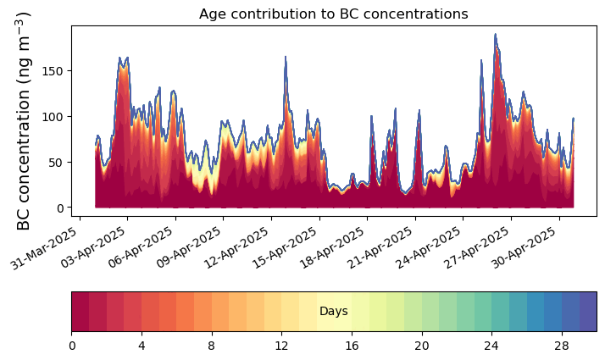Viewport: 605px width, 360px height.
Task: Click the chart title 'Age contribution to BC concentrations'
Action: tap(333, 14)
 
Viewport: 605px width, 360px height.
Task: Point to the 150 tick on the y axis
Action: tap(57, 70)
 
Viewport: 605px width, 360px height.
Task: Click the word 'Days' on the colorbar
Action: tap(333, 312)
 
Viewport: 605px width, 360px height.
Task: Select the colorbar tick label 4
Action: tap(142, 346)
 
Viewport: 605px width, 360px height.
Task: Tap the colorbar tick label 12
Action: tap(281, 346)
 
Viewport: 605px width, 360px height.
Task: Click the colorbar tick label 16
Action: tap(351, 346)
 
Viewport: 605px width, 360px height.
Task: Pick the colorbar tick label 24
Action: tap(491, 346)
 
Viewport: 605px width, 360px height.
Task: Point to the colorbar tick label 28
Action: tap(561, 346)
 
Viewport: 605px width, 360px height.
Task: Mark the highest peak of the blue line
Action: tap(495, 35)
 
